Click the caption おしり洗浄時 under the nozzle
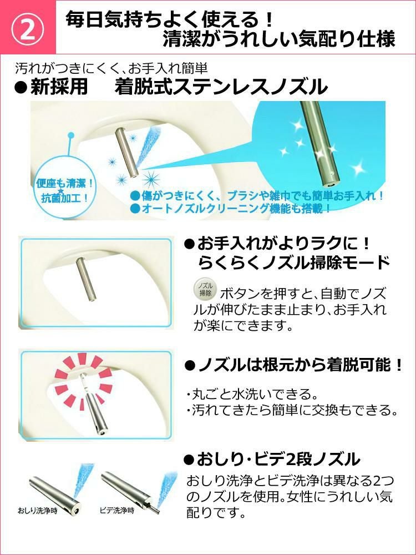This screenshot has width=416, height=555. point(38,511)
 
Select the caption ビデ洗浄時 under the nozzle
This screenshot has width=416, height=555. point(116,511)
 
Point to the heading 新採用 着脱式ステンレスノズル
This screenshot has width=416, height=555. point(171,87)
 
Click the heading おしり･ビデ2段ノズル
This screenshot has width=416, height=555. point(272,460)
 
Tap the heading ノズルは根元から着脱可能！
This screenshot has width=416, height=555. point(293,365)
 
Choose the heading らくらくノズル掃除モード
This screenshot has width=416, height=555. point(293,263)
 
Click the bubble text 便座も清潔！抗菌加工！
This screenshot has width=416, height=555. point(65,190)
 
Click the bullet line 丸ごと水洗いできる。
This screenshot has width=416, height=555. point(251,393)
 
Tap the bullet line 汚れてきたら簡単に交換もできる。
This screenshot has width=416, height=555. point(292,410)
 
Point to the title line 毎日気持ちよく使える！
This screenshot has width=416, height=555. point(169,19)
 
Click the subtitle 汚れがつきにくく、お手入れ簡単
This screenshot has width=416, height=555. point(111,68)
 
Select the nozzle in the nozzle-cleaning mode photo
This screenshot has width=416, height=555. point(84,279)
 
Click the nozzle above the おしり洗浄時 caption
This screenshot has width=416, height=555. point(54,492)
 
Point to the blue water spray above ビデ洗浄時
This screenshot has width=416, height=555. point(166,489)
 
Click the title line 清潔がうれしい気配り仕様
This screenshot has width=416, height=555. point(279,39)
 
